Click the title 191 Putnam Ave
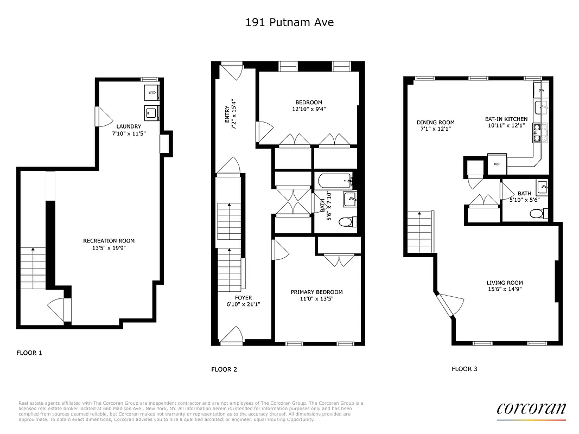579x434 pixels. [289, 22]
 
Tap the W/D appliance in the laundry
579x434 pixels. [151, 93]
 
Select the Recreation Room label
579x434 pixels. [109, 241]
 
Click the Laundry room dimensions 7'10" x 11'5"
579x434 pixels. [129, 133]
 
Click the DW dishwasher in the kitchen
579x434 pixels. [541, 90]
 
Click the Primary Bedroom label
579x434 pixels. [316, 292]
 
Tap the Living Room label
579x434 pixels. [505, 283]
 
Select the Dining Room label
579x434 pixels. [435, 122]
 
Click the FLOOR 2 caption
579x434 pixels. [224, 369]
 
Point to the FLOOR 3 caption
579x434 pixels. [465, 369]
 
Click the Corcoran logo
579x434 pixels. [531, 409]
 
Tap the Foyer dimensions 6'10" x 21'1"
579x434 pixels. [244, 304]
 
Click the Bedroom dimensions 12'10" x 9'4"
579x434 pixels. [308, 108]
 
